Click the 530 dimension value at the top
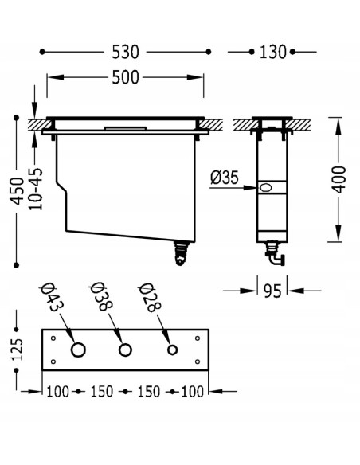click(x=125, y=52)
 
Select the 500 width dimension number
click(x=125, y=78)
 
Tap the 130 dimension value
click(x=272, y=52)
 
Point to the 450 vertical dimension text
click(x=17, y=191)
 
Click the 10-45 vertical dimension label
click(x=36, y=189)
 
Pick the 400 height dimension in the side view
click(x=339, y=179)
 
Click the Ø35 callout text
click(x=224, y=178)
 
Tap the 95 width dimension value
click(x=272, y=291)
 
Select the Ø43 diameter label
click(x=53, y=297)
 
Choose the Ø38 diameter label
click(x=101, y=296)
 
